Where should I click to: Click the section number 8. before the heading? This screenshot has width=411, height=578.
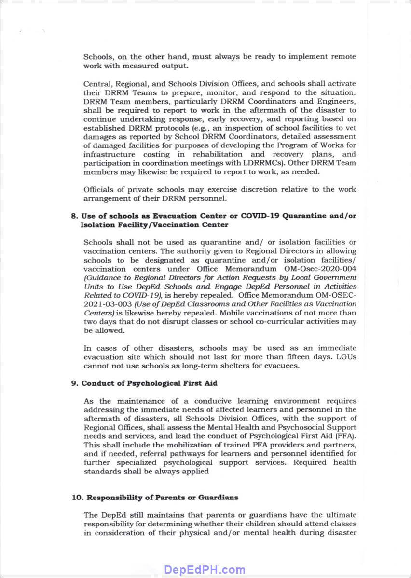74,216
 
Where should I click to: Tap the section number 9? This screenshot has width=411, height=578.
74,383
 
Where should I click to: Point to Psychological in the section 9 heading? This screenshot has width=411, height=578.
137,383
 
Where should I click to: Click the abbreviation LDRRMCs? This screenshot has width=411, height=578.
270,163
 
